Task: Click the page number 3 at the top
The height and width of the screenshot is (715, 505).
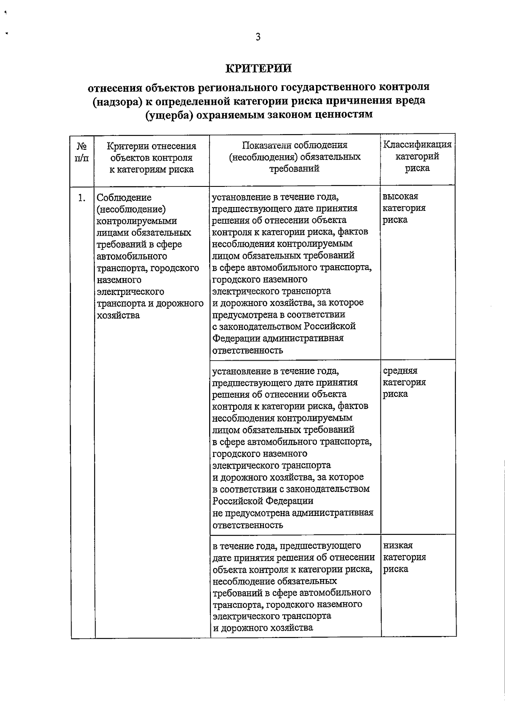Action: [x=258, y=37]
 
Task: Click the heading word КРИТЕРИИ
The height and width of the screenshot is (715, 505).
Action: [x=258, y=68]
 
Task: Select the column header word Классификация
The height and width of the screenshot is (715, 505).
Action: [x=417, y=145]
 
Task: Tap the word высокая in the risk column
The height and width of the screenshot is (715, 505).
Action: [x=400, y=197]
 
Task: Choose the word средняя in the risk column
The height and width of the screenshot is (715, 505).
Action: [x=400, y=371]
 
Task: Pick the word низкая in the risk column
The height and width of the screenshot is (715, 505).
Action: [x=398, y=545]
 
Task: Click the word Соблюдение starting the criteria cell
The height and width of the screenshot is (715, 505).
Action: [x=124, y=197]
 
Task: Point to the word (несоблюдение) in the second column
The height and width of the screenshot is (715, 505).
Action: [x=131, y=209]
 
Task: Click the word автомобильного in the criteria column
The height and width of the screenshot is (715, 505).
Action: [x=132, y=256]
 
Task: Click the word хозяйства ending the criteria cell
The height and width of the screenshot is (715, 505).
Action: [x=118, y=315]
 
